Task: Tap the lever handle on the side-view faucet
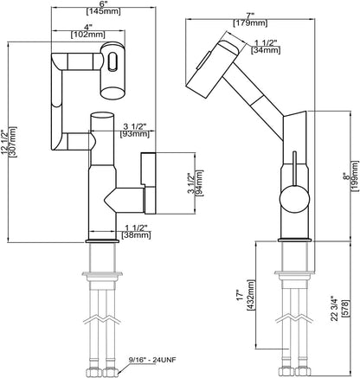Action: click(x=293, y=164)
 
